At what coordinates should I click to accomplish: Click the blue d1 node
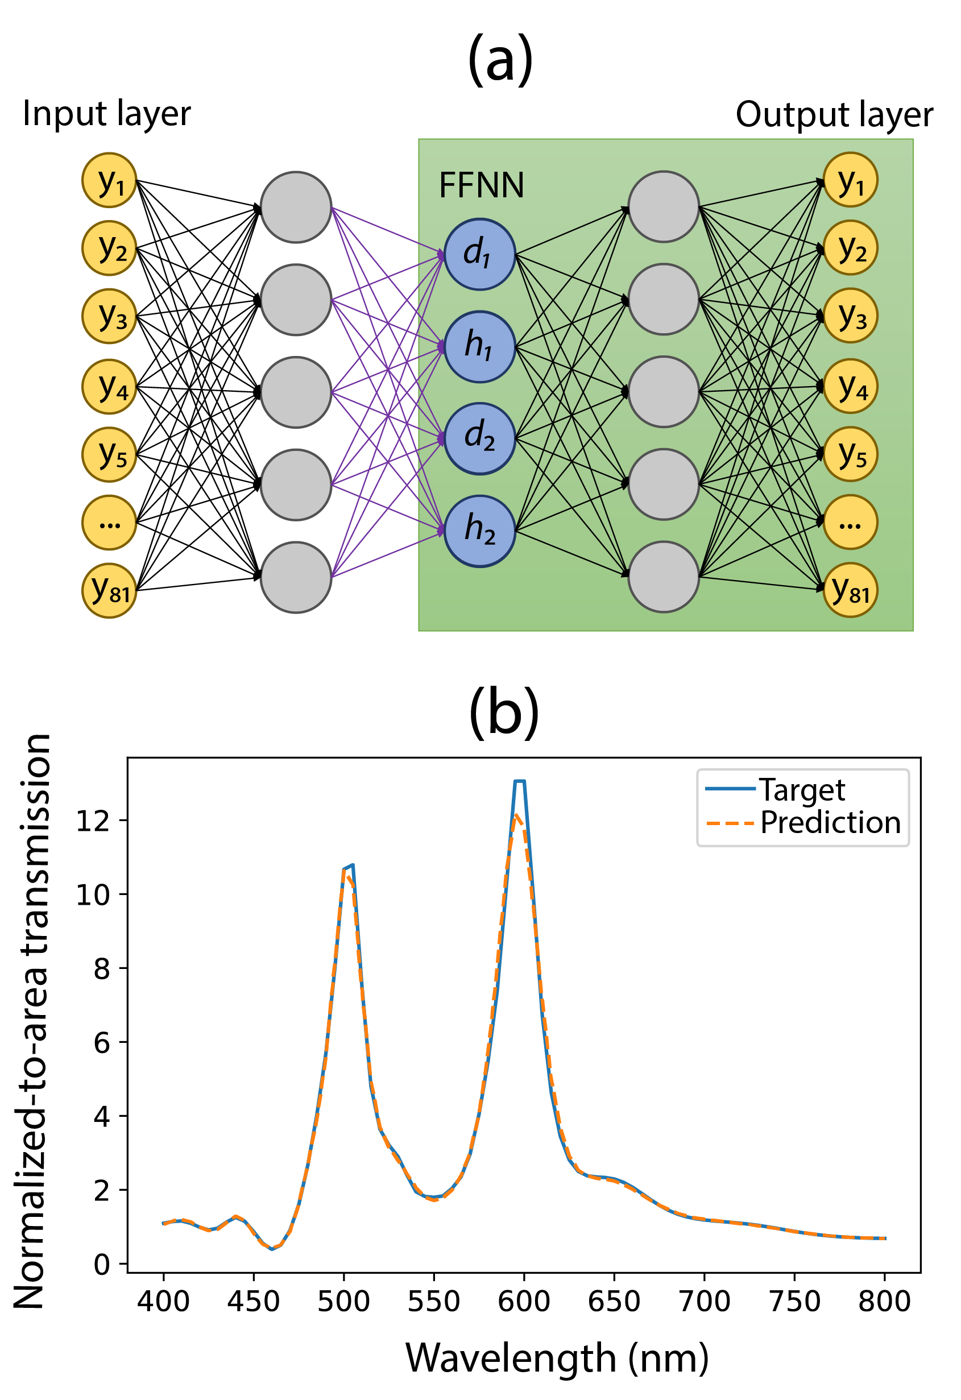(x=479, y=254)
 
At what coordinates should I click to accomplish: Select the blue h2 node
(x=479, y=531)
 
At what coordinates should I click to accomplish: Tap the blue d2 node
(x=479, y=438)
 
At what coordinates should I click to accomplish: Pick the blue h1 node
(x=479, y=346)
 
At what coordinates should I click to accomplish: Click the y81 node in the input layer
(x=110, y=591)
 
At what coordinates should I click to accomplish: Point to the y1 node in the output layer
(x=850, y=180)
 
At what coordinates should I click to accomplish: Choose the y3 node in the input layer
(x=110, y=316)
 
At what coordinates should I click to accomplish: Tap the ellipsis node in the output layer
(x=850, y=522)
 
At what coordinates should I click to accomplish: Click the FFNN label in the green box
(x=482, y=185)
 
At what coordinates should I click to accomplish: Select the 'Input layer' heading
(x=107, y=113)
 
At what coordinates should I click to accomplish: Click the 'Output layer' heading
(x=834, y=114)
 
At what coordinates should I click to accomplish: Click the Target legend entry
(x=801, y=790)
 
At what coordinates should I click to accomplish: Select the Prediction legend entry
(x=830, y=823)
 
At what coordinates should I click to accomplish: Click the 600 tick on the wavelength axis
(x=524, y=1302)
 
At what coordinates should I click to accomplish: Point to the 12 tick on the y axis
(x=93, y=821)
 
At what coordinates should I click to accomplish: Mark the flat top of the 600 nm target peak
(x=519, y=781)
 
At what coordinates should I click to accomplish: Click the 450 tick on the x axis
(x=254, y=1302)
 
